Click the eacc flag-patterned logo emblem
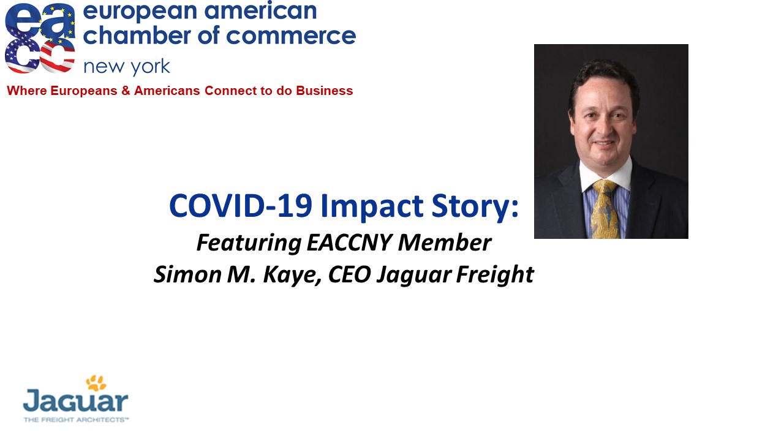[40, 38]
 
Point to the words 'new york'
[127, 67]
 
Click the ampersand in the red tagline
[126, 91]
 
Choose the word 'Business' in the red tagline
[325, 91]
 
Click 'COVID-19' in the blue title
[241, 206]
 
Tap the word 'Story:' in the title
[475, 208]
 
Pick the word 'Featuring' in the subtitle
[249, 244]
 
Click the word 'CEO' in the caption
[349, 274]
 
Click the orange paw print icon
[96, 383]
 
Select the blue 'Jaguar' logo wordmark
[75, 401]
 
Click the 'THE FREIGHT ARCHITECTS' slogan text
[76, 420]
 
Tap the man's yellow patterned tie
[605, 209]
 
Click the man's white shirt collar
[606, 174]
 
